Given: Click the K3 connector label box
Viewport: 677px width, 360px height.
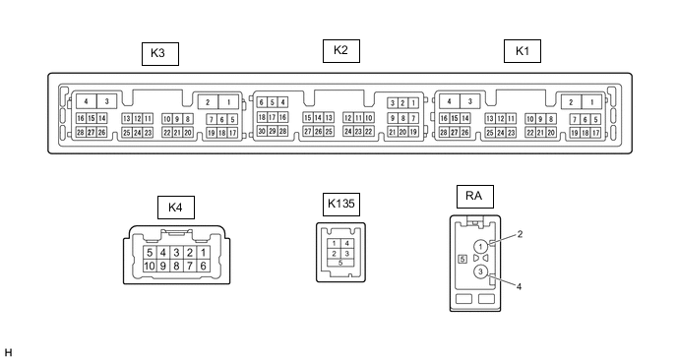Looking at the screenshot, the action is point(160,54).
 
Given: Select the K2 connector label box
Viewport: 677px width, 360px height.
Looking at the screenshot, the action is point(341,51).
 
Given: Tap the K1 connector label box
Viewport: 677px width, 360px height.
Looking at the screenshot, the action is point(523,51).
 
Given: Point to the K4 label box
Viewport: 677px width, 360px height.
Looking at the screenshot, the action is point(176,208).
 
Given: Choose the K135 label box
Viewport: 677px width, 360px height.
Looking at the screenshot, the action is point(341,205).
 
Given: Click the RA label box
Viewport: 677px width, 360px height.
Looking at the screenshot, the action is point(475,197).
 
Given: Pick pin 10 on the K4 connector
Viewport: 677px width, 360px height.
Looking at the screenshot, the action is point(150,266).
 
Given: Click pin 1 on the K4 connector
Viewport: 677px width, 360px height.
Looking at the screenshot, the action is point(204,253).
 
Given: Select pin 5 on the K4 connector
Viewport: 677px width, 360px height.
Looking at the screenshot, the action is point(150,253).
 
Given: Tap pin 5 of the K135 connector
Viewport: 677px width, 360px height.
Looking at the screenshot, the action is point(340,263).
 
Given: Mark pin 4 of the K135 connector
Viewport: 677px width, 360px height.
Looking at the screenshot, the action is point(346,244).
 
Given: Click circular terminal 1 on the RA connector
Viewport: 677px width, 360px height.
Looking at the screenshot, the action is point(480,247).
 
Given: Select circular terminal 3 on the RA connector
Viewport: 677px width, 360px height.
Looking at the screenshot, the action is point(480,271).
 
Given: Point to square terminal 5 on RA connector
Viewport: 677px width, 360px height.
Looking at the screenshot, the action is point(462,259).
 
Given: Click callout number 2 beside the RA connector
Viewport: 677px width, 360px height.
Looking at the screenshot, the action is point(520,234).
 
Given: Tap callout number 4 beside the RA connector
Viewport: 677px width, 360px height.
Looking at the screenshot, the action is point(519,286).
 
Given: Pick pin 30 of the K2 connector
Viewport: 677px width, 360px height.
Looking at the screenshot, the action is point(262,131).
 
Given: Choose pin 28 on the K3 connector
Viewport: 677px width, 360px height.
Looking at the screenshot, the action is point(81,132).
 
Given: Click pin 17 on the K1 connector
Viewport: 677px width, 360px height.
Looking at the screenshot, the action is point(596,133).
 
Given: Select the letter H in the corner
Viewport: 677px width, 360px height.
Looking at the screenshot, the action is point(8,353).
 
